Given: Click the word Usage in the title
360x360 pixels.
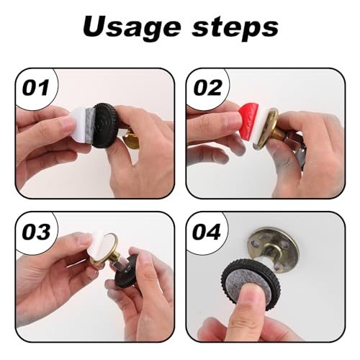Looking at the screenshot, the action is pyautogui.click(x=132, y=28).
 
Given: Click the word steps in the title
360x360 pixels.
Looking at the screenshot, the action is pyautogui.click(x=235, y=29).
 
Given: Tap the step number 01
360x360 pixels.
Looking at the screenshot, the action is pyautogui.click(x=36, y=87).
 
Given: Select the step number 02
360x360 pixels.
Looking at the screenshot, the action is pyautogui.click(x=208, y=87).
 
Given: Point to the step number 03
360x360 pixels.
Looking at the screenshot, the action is pyautogui.click(x=36, y=232).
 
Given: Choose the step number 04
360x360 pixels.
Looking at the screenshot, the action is pyautogui.click(x=207, y=232).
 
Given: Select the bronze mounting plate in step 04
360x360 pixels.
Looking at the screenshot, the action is pyautogui.click(x=272, y=250).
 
